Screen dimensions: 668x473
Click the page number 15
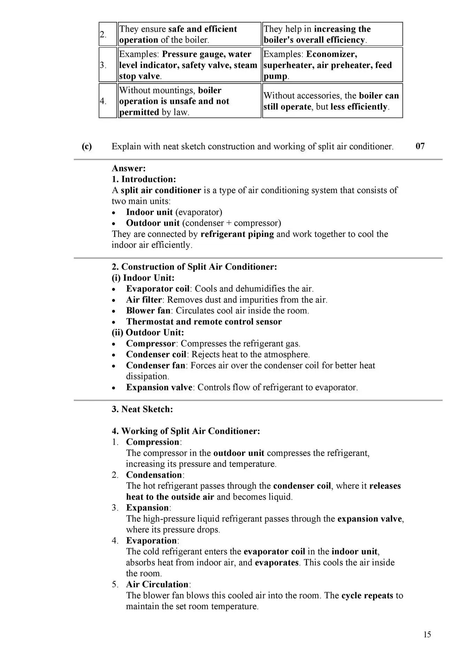pos(427,634)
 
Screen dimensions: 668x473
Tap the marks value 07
pos(420,146)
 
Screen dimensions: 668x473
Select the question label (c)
pos(87,146)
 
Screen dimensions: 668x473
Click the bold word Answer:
pos(129,168)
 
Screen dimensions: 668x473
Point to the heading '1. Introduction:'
pos(144,179)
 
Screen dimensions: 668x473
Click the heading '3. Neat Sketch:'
pos(142,409)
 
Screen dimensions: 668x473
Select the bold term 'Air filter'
pos(144,300)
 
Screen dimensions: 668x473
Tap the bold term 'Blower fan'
pos(148,310)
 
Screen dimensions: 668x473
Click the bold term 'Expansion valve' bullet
pos(159,387)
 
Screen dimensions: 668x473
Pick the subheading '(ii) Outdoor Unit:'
pos(148,332)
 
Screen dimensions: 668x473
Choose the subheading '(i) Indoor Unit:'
pos(143,278)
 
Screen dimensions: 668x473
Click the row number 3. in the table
pos(103,65)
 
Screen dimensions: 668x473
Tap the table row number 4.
pos(103,101)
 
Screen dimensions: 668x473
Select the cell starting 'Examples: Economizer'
pos(332,65)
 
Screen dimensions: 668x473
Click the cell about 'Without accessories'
pos(332,101)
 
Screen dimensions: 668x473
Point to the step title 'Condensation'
pos(154,475)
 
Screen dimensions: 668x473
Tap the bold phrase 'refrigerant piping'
pos(237,234)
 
